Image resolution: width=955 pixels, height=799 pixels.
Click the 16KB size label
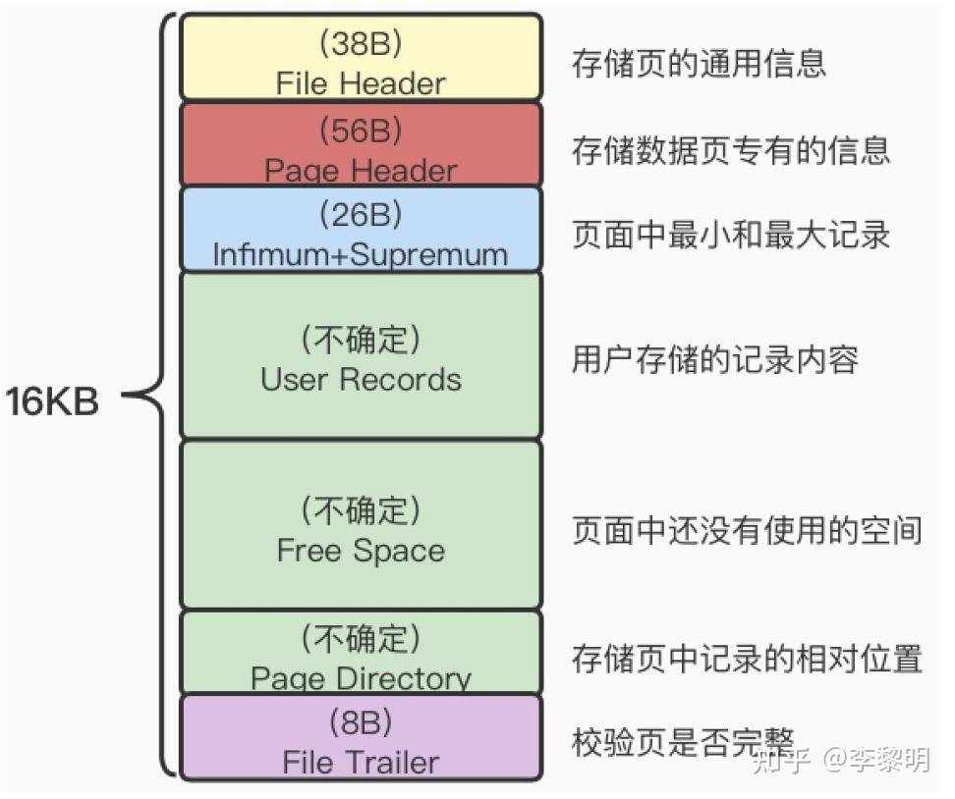pos(52,401)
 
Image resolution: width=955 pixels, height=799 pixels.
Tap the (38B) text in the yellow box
pos(361,43)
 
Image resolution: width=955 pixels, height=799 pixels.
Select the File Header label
pos(361,83)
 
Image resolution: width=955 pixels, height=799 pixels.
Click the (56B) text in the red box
pos(361,131)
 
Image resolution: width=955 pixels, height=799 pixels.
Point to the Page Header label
pos(361,171)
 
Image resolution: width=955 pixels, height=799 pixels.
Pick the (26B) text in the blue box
pos(361,214)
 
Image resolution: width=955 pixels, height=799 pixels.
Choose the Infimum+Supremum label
pos(361,254)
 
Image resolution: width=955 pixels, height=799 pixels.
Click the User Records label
pos(361,379)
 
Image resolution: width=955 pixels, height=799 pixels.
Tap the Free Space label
pos(361,551)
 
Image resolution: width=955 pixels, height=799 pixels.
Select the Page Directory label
pos(361,677)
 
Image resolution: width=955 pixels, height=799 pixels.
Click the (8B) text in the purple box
pos(361,722)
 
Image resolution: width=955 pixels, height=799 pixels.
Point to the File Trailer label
pos(361,763)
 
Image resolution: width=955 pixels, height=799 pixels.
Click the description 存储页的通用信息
pos(699,63)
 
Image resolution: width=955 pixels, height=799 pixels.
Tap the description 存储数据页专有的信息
pos(731,150)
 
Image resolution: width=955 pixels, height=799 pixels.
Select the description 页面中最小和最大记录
pos(731,235)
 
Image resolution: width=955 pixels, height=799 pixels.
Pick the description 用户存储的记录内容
pos(715,359)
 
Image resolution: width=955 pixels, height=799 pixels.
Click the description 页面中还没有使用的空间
pos(747,530)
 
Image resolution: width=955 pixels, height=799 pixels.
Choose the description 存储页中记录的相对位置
pos(747,659)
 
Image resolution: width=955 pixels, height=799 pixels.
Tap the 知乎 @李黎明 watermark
pos(842,760)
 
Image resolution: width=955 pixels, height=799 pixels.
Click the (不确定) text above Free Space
pos(361,510)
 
